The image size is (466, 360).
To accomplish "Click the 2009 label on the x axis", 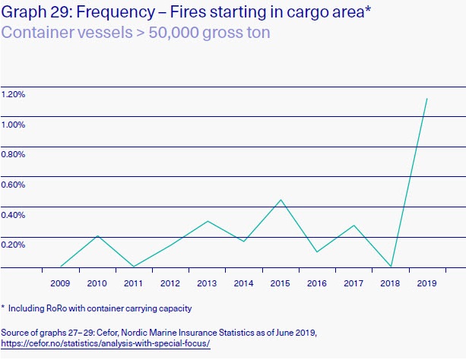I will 60,284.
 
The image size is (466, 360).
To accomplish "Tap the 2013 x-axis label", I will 207,284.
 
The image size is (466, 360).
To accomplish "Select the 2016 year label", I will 317,284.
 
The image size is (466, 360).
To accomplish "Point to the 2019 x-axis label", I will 427,284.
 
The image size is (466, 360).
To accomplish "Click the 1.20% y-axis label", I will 14,94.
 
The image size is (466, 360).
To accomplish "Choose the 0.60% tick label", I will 14,185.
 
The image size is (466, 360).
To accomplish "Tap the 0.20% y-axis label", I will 14,245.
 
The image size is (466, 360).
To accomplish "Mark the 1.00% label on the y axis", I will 14,125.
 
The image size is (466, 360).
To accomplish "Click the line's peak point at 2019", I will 427,98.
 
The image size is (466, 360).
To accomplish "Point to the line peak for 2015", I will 281,200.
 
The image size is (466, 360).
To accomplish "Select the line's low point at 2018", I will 391,267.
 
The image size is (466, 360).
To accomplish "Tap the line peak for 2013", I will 208,221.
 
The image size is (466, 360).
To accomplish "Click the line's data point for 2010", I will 97,235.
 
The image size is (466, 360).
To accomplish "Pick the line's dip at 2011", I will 134,267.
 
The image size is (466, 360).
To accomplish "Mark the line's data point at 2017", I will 353,226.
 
